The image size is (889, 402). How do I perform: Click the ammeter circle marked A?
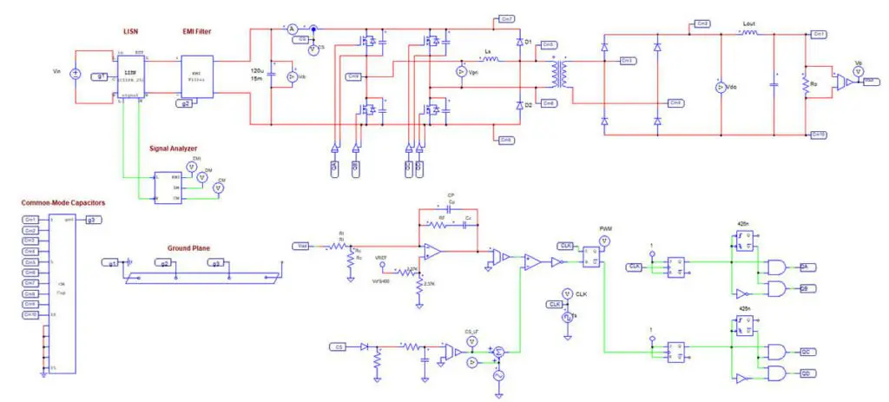pos(292,29)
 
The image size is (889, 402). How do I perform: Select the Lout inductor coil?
pos(750,31)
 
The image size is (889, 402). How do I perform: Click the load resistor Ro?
pos(807,85)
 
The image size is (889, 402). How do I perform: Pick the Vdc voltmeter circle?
pos(719,88)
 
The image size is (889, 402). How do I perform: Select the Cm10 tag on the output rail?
pos(819,135)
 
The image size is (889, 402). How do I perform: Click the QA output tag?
pos(805,267)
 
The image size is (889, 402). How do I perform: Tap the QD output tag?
pos(805,372)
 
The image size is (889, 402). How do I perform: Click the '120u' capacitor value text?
pos(256,69)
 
